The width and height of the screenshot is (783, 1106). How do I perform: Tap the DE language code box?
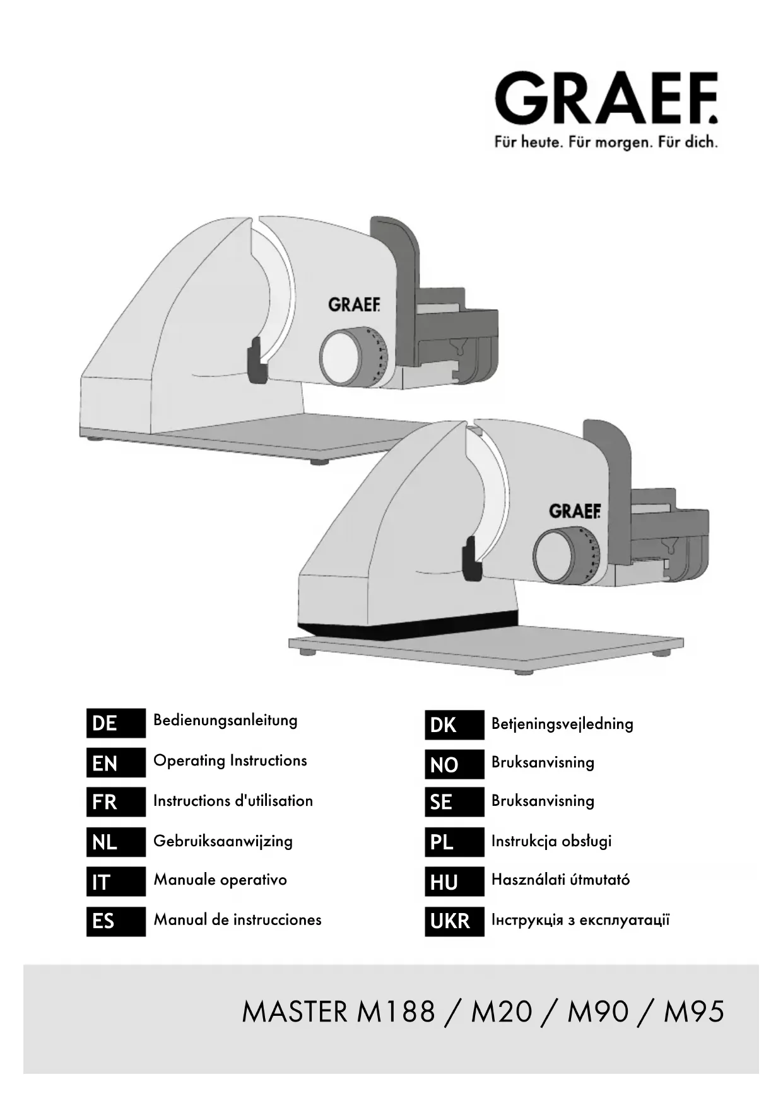coord(115,723)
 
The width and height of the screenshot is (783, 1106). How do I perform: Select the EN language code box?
coord(115,763)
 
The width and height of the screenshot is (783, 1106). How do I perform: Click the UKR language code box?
coord(454,921)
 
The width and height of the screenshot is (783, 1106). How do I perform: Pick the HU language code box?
coord(454,882)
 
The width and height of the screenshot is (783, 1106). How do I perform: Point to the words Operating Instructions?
coord(230,760)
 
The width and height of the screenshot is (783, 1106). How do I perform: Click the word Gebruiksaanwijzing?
coord(223,841)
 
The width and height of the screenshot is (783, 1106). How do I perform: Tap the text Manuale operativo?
coord(220,880)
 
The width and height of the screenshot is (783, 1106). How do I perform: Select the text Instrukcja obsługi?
coord(551,841)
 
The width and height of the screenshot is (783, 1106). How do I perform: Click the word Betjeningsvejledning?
coord(562,723)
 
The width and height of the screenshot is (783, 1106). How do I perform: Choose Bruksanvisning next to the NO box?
coord(543,762)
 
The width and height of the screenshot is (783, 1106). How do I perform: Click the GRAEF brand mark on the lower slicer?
coord(574,511)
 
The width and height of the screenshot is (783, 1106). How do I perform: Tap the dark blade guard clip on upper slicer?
coord(256,361)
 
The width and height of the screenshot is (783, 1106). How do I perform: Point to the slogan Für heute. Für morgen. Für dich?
coord(606,143)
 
